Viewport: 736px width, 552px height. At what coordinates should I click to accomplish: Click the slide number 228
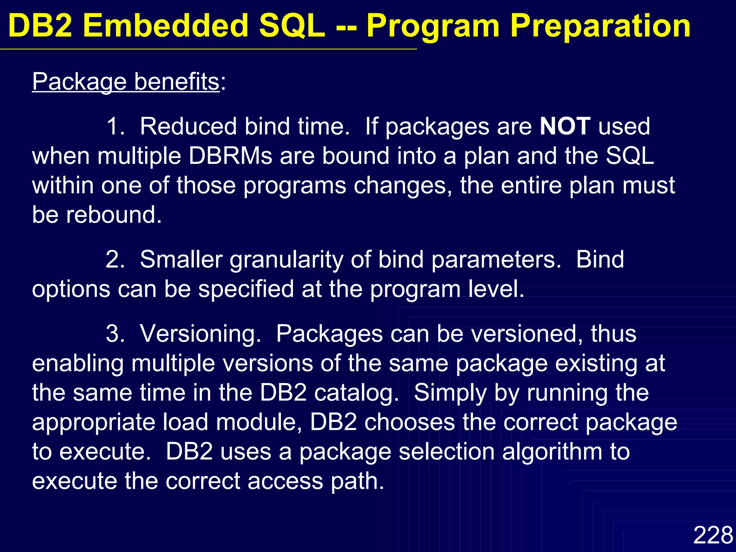713,535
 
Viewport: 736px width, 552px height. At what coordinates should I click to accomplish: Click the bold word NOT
565,126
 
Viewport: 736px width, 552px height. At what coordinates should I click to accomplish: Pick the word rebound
114,215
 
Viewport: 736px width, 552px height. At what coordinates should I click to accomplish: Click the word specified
246,289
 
